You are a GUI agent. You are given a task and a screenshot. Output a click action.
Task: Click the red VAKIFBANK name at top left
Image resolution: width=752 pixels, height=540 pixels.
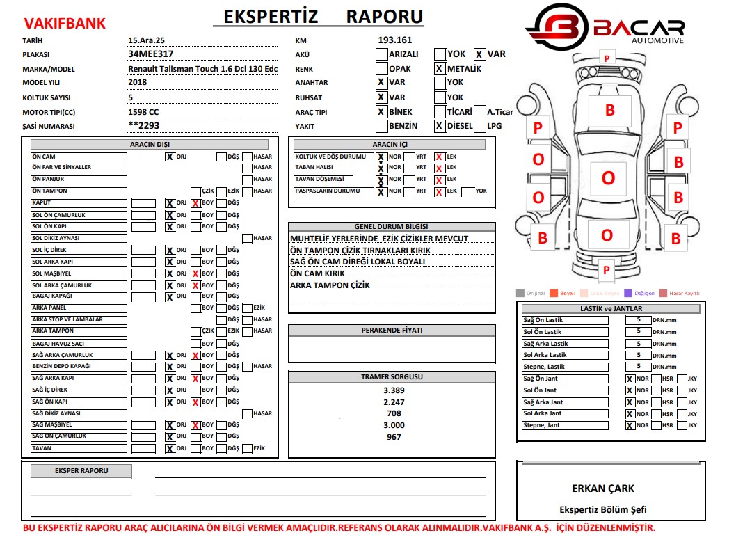point(64,24)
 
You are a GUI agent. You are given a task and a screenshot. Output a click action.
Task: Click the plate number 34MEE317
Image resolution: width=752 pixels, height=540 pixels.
point(151,54)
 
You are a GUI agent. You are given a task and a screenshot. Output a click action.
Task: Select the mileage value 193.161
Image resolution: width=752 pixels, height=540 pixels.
point(395,40)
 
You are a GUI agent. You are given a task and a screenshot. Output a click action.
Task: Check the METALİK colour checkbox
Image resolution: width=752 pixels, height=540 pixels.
point(440,69)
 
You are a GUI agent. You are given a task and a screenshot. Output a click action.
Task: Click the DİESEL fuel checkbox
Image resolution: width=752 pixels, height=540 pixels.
point(440,126)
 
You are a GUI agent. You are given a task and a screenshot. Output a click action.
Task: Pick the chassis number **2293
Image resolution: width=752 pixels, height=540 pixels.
point(144,126)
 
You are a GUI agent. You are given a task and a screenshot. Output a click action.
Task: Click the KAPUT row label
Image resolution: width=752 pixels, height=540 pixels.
point(79,203)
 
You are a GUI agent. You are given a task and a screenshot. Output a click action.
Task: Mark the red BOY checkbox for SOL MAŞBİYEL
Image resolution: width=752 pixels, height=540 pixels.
point(196,274)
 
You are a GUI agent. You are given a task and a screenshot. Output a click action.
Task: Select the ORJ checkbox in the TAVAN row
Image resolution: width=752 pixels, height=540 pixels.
point(170,449)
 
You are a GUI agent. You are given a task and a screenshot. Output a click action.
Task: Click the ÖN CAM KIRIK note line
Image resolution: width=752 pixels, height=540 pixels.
point(317,273)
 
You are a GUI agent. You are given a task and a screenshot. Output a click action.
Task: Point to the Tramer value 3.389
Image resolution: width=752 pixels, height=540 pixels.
point(394,390)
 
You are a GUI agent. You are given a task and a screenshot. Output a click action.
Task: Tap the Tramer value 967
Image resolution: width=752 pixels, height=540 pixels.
point(394,437)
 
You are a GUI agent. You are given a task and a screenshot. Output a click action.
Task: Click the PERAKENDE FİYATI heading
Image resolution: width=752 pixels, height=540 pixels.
point(392,331)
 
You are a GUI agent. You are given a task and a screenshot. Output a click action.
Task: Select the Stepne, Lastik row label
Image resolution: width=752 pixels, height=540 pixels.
point(564,367)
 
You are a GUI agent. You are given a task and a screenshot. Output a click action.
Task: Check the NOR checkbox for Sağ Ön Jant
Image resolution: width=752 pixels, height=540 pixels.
point(630,379)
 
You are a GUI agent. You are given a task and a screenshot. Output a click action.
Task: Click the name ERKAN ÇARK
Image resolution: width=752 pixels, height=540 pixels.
point(603,489)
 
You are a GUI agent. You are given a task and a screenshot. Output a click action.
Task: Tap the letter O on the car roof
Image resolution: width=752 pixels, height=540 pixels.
point(608,178)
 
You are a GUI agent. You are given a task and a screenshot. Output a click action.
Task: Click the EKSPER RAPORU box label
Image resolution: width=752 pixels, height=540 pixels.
point(81,471)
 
